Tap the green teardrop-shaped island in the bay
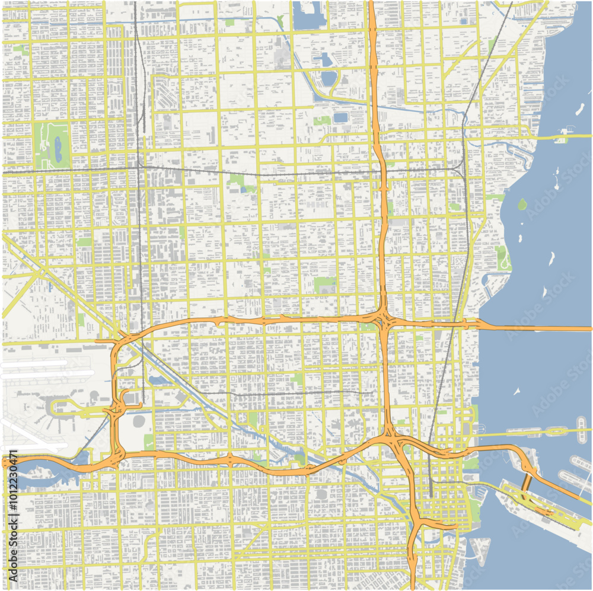coord(522,205)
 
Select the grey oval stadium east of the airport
coord(139,421)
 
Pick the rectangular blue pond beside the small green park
coord(340,118)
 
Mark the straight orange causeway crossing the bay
coord(534,328)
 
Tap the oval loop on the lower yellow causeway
coord(556,432)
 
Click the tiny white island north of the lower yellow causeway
coord(517,391)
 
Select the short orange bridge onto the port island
coord(524,483)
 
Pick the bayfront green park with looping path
coord(503,257)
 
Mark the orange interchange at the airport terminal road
coord(116,409)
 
